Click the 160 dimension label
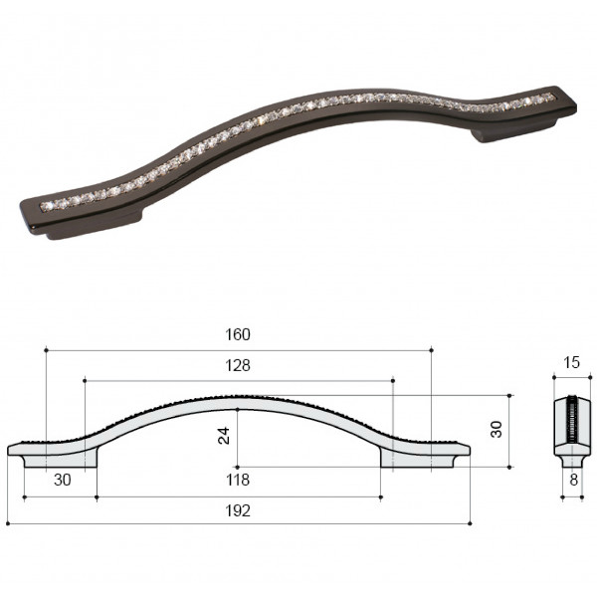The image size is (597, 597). [x=238, y=334]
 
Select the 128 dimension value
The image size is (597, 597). [x=238, y=365]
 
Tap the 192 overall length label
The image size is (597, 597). [x=238, y=510]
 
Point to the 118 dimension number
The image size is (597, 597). [x=238, y=480]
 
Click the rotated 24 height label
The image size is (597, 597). [x=224, y=436]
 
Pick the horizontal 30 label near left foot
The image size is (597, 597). [x=63, y=480]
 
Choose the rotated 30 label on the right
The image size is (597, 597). [x=497, y=430]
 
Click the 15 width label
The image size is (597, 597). [x=571, y=362]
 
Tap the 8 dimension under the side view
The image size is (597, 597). [x=574, y=481]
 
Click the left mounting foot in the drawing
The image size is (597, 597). [x=61, y=461]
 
